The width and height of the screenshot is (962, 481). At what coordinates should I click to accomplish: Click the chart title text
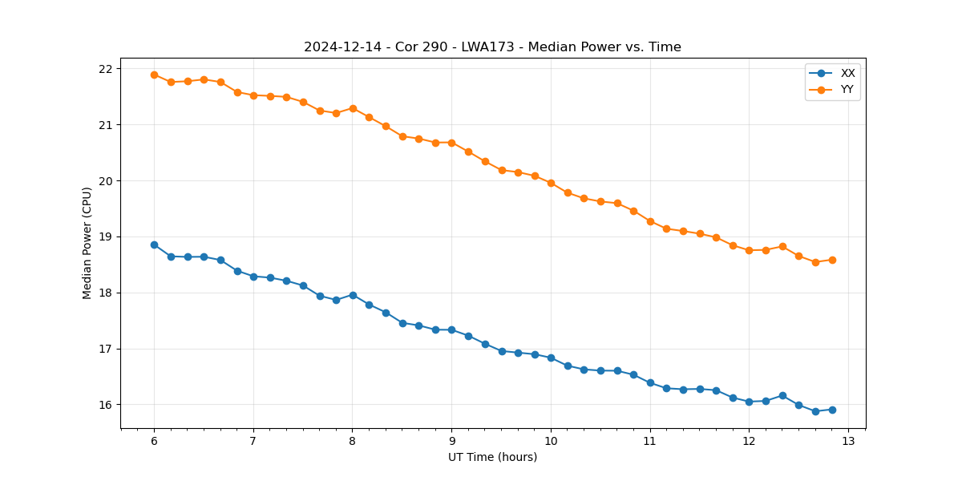click(x=492, y=47)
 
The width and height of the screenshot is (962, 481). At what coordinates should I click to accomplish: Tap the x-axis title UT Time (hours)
click(x=492, y=457)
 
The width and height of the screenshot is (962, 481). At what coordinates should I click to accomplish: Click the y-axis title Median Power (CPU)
click(x=87, y=243)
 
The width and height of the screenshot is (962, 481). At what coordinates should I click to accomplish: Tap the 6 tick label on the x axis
click(x=154, y=442)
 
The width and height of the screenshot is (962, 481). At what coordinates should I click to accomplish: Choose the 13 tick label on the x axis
click(x=848, y=442)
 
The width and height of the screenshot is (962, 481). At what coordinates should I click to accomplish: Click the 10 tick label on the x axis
click(x=551, y=442)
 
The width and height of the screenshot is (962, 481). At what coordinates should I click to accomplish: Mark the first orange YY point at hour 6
click(x=154, y=75)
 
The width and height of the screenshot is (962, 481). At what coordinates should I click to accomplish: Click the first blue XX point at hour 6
click(x=154, y=245)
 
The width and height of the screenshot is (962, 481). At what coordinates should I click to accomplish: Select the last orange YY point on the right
click(x=832, y=260)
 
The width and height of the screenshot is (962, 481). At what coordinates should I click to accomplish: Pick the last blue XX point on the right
click(x=832, y=410)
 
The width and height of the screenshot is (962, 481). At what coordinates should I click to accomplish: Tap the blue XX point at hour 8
click(x=353, y=295)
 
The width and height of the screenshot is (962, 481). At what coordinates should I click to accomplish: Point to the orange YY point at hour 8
click(x=353, y=108)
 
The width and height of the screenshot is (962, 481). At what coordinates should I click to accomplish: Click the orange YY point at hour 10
click(x=551, y=183)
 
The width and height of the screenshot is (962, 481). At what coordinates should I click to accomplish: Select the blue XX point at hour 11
click(x=650, y=382)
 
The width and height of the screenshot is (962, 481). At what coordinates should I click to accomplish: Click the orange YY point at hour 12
click(x=749, y=250)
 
